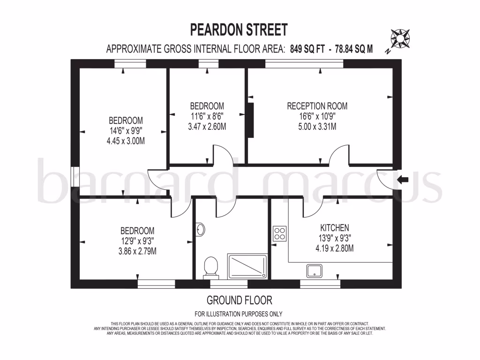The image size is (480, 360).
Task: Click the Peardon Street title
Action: click(238, 30)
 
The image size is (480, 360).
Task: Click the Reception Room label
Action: click(317, 106)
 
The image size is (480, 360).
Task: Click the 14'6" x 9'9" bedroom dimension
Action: click(126, 131)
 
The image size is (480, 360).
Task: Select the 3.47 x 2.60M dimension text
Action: click(207, 127)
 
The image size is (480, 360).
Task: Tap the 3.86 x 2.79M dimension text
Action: click(137, 251)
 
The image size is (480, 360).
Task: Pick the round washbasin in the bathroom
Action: click(200, 230)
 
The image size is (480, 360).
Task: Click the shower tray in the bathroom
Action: click(247, 266)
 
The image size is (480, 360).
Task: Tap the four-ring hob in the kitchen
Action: click(280, 233)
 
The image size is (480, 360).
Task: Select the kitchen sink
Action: click(314, 270)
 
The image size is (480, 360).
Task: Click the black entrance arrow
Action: click(403, 179)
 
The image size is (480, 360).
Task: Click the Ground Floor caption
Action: click(239, 300)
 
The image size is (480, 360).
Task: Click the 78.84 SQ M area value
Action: click(354, 49)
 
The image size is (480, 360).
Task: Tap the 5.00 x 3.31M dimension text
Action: click(317, 127)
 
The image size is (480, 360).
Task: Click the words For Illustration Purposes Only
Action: click(238, 314)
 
